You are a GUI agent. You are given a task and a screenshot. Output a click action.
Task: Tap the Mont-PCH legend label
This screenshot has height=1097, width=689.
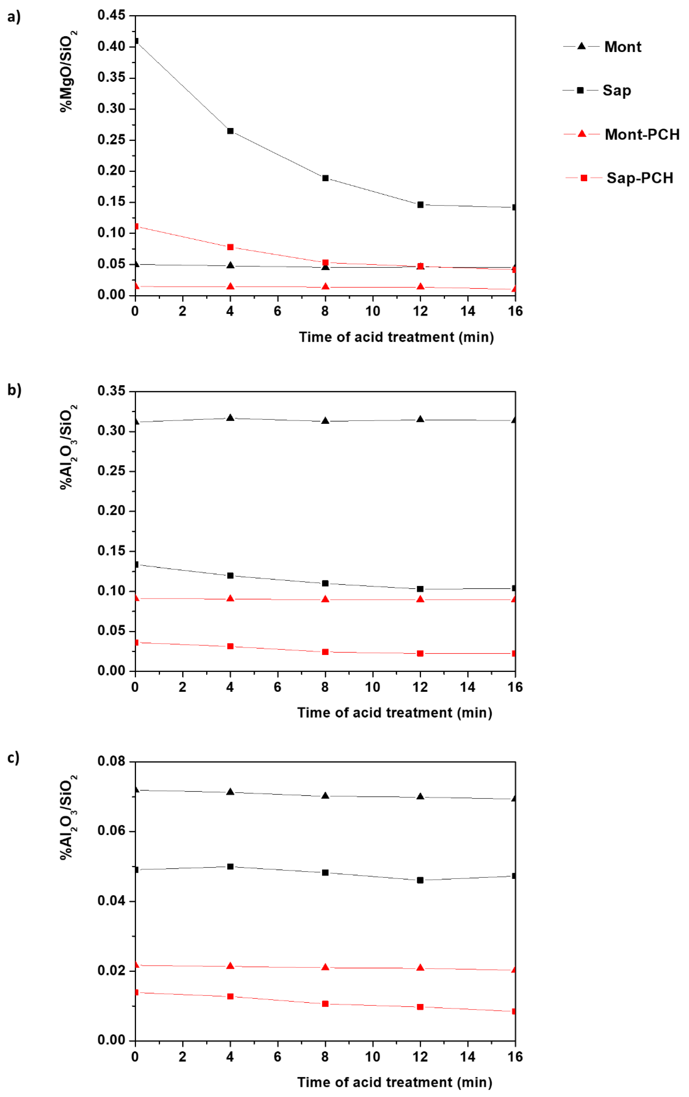tap(642, 134)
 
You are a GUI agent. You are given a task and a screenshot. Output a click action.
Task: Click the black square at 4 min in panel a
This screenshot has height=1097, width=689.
tap(230, 131)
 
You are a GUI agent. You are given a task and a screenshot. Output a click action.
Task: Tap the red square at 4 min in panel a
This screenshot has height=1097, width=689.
tap(230, 247)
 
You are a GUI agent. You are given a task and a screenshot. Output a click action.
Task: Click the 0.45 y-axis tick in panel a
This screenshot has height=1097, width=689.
tap(111, 16)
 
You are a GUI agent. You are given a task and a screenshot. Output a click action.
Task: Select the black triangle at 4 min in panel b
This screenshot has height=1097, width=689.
tap(230, 418)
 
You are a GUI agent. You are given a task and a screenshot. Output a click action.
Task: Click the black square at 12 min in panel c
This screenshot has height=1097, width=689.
tap(420, 880)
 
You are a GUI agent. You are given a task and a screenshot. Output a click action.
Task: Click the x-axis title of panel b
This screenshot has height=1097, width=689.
tap(395, 713)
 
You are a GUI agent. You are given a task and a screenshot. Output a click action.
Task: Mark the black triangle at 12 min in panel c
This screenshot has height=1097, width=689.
tap(420, 796)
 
